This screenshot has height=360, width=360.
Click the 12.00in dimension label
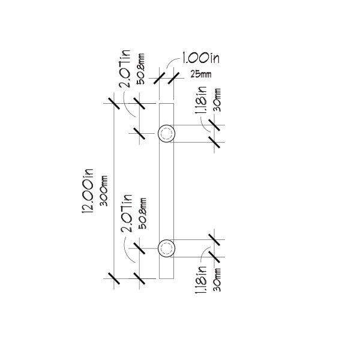pos(88,191)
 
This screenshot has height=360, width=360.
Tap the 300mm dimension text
pos(104,191)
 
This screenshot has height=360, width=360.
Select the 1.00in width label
pos(201,58)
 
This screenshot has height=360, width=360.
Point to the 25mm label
pos(201,74)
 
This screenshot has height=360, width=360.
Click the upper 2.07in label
pos(125,68)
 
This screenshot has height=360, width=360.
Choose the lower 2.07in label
pos(127,213)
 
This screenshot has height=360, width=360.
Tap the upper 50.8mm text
pos(140,69)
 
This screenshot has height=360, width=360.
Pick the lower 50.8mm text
pos(142,213)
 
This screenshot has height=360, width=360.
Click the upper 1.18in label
pos(201,100)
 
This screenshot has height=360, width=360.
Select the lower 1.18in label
pos(201,280)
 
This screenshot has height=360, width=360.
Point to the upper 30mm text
pos(217,100)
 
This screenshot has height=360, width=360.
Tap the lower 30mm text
pos(217,280)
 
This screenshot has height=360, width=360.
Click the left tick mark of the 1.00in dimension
pos(160,78)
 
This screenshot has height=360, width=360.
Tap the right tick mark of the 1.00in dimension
pos(173,78)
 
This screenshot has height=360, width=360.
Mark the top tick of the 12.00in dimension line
pos(114,104)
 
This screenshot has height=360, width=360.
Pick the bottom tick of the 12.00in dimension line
pos(114,278)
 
